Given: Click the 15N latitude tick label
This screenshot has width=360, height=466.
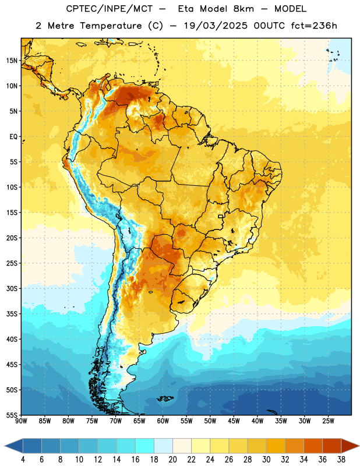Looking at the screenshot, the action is click(12, 61).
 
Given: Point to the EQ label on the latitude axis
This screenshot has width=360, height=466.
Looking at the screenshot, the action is click(13, 137).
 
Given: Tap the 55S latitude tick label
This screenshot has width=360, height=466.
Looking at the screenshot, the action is click(12, 415).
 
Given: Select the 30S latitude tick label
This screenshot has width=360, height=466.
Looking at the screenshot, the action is click(12, 288).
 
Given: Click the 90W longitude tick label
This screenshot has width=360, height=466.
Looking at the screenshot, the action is click(21, 421).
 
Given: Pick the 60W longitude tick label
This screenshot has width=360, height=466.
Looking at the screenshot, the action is click(163, 421).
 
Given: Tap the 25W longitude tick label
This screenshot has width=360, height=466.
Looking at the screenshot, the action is click(328, 421).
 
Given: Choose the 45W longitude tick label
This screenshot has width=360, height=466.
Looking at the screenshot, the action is click(234, 421).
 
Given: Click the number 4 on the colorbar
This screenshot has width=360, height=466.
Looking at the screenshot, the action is click(23, 460).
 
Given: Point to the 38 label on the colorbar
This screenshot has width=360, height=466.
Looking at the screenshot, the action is click(341, 460).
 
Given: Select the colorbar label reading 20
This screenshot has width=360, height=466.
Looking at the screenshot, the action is click(172, 460).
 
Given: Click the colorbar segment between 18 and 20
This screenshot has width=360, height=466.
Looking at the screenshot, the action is click(163, 446).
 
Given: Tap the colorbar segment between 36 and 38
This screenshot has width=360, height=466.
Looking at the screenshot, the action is click(332, 446).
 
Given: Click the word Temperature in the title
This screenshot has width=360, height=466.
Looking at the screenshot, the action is click(111, 26).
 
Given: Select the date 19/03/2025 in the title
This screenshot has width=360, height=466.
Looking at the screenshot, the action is click(216, 26).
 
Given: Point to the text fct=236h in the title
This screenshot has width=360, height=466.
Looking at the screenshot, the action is click(314, 26).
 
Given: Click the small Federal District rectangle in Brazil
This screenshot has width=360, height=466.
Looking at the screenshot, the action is click(221, 216).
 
